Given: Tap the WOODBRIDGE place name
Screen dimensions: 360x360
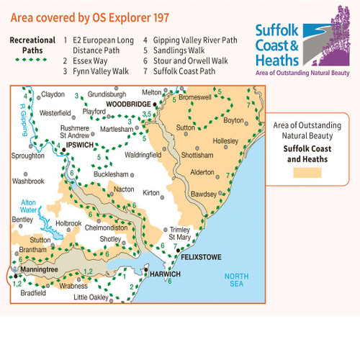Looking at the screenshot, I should (127, 104).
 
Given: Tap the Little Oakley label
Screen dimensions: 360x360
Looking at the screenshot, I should (91, 297).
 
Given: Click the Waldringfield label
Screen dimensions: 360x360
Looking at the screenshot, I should (145, 155).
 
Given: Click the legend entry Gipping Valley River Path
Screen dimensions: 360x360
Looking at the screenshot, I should (182, 41).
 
